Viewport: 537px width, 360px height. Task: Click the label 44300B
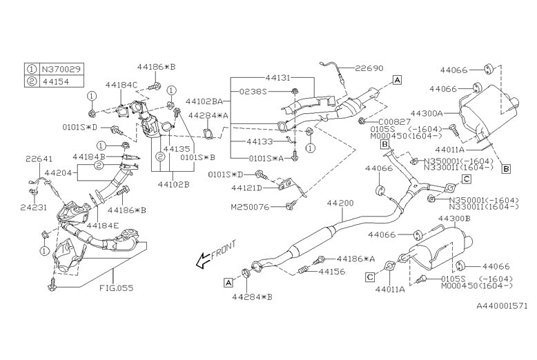454,218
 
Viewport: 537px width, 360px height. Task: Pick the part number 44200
340,203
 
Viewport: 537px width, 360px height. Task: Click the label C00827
390,121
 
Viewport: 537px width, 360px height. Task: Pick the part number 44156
333,272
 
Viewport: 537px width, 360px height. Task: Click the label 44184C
121,85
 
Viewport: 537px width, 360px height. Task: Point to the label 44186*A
355,259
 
